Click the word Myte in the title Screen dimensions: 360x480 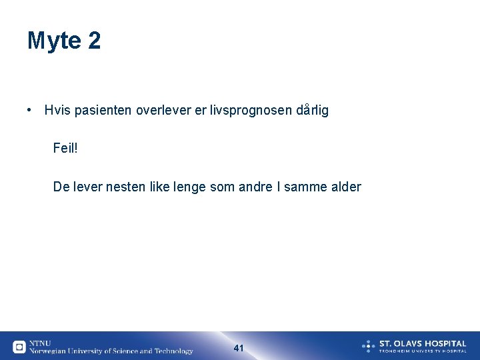[x=54, y=41]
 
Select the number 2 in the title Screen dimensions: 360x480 [x=94, y=41]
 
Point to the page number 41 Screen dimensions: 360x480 [x=239, y=348]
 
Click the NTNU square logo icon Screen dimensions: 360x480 [x=19, y=347]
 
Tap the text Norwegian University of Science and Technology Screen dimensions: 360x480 [x=111, y=351]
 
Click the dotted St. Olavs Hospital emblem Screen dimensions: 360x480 [x=369, y=345]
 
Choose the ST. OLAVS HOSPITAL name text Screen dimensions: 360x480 [x=423, y=343]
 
